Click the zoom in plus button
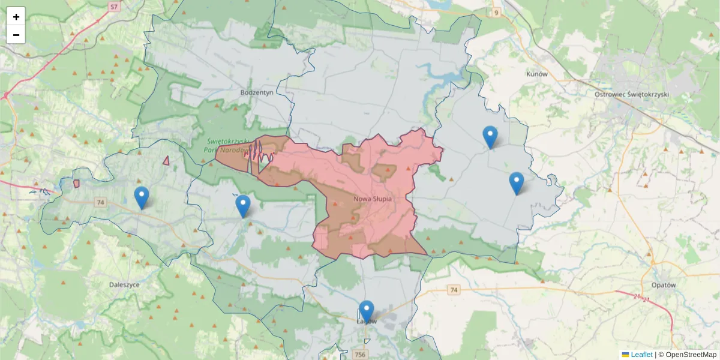point(16,17)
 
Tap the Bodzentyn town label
point(256,92)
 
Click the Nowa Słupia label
point(373,198)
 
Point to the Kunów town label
point(537,74)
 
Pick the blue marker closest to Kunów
point(490,137)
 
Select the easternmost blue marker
point(516,184)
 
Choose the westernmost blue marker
point(142,198)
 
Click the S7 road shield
point(114,7)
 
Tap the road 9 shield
point(496,12)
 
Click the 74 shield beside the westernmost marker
point(100,203)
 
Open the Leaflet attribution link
point(641,355)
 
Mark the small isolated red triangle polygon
point(166,161)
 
